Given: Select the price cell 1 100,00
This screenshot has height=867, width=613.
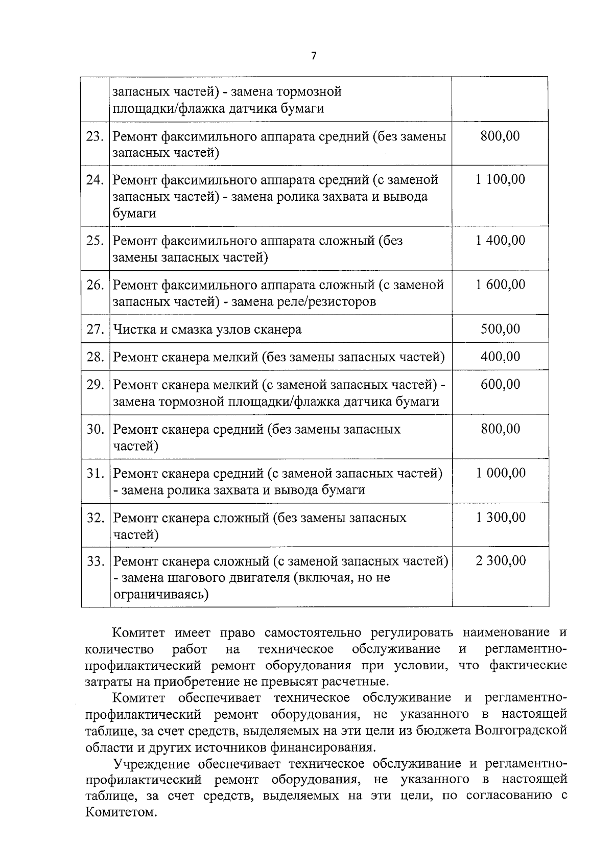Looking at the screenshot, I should (500, 179).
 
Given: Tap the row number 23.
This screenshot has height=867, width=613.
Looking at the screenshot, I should (95, 136).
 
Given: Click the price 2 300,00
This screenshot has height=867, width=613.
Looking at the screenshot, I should (500, 561).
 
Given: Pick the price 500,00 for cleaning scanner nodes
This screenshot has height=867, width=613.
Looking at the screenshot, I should (500, 329).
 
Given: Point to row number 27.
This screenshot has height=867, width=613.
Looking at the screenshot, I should (95, 329).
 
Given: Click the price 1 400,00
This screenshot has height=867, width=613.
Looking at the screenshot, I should (500, 240).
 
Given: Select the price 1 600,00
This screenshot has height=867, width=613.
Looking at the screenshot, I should (500, 285).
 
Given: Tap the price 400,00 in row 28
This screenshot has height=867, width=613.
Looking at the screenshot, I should (500, 357).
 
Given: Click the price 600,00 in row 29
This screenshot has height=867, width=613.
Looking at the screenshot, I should (500, 384).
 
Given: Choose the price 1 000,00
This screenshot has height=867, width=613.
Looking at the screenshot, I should (500, 473).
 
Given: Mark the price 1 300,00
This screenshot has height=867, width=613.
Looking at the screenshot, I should (500, 518).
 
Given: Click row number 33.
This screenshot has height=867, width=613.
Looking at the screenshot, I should (95, 561).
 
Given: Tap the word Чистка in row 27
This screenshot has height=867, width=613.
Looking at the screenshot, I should (134, 330).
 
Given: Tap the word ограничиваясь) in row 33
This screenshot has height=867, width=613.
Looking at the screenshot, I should (160, 595).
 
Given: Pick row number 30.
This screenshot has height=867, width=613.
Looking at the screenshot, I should (95, 429).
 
